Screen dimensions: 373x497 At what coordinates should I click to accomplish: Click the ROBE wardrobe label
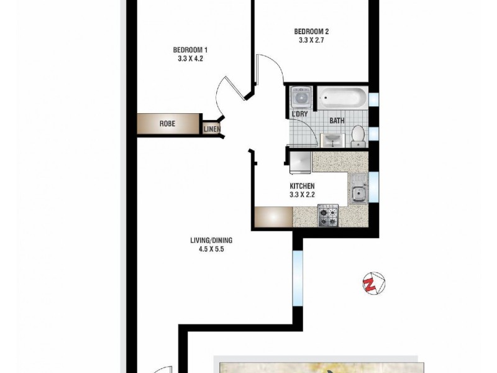167,124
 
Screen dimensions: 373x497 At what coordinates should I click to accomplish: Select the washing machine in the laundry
301,98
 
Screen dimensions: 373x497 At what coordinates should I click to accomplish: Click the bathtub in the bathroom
342,99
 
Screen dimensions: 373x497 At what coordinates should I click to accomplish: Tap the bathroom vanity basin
332,139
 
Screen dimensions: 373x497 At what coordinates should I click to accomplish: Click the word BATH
337,122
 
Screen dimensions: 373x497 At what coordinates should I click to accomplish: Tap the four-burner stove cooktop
327,216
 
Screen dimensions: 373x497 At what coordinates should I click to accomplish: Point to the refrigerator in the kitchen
301,162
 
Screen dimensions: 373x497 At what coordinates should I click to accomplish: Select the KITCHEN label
303,186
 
